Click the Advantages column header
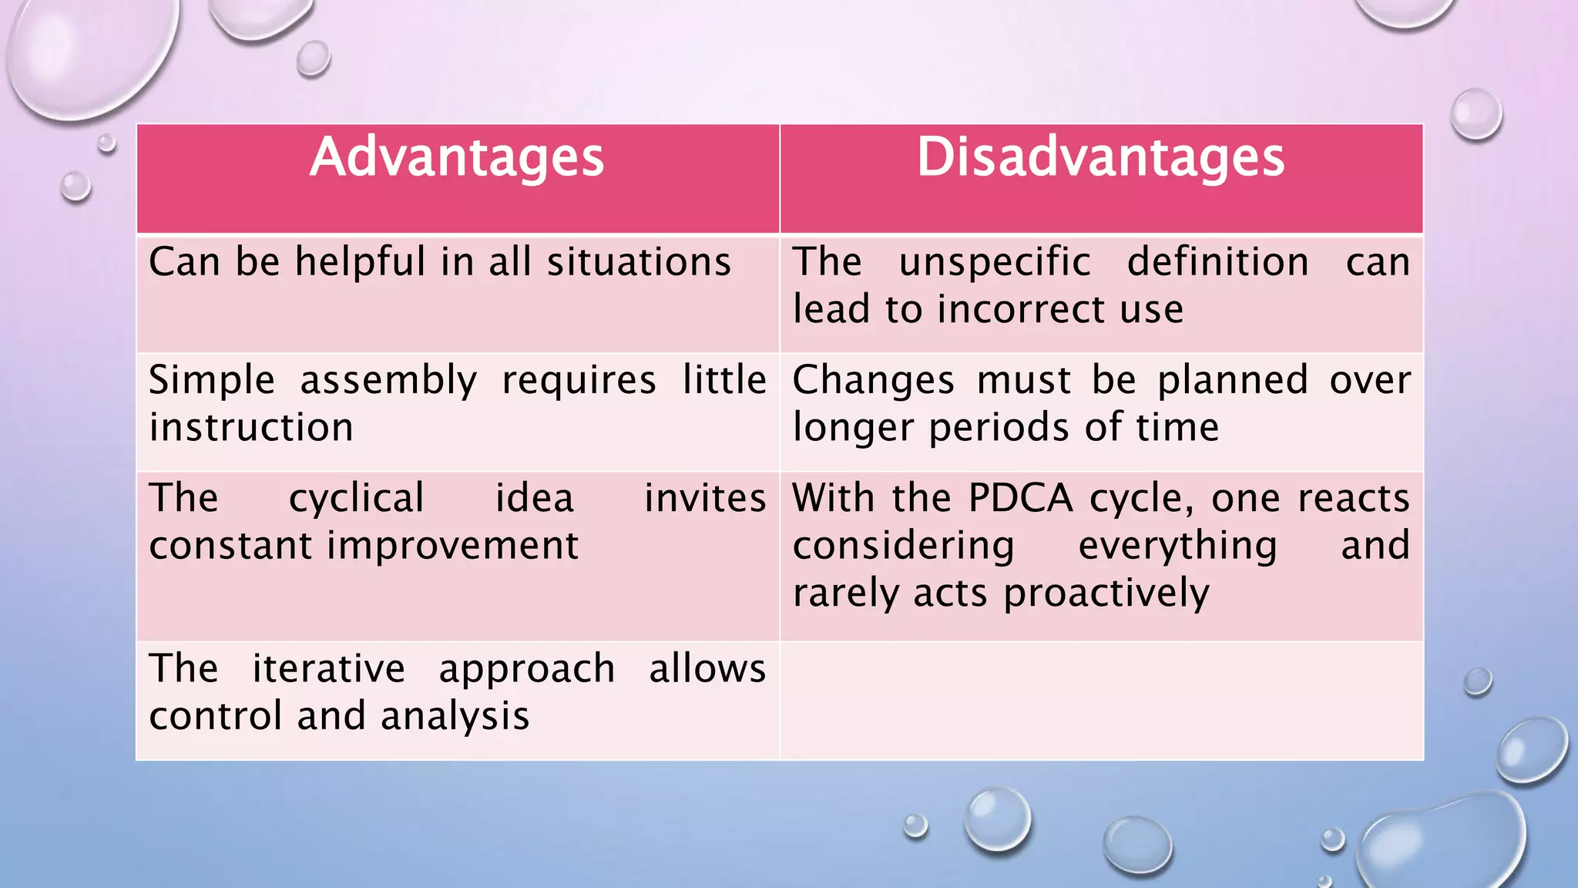(x=457, y=158)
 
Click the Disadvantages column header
(x=1100, y=158)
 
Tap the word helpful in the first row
(x=360, y=262)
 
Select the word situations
(x=639, y=262)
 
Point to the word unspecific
(x=995, y=262)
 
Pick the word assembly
(x=388, y=381)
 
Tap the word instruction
(x=251, y=428)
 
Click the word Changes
(x=873, y=381)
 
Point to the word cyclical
(x=356, y=499)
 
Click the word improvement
(x=452, y=546)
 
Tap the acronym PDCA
(x=1020, y=499)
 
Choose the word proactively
(x=1106, y=594)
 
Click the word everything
(x=1177, y=546)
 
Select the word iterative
(x=328, y=668)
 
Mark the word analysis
(x=455, y=716)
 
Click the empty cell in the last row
(x=1101, y=700)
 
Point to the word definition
(x=1217, y=262)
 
